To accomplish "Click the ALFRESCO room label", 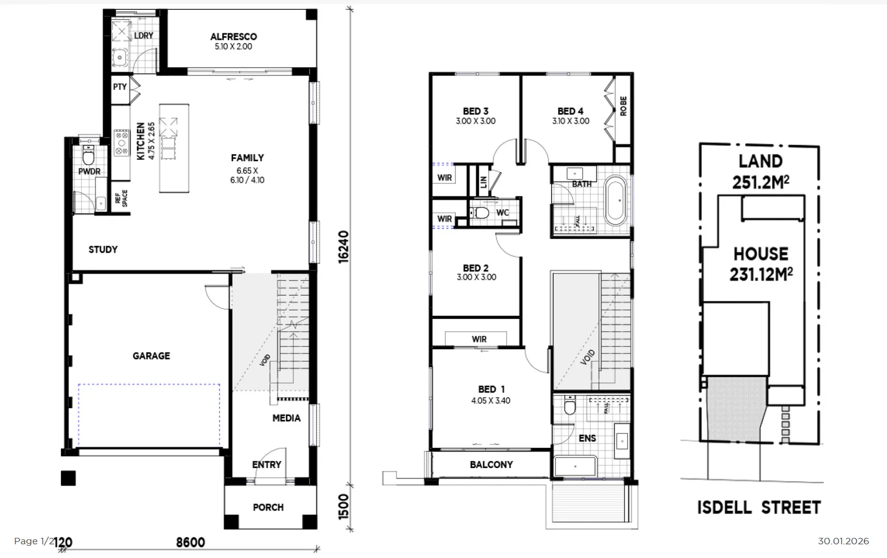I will click(233, 37).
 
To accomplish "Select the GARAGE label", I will click(151, 355).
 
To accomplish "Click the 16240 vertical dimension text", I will click(344, 247).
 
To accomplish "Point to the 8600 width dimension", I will click(190, 542).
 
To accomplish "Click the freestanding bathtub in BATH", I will click(615, 200).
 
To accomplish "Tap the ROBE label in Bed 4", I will click(623, 106).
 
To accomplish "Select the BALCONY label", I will click(491, 464).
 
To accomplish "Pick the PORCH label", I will click(268, 507).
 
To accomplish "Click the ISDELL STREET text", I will click(759, 507).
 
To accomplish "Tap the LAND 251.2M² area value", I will click(761, 182).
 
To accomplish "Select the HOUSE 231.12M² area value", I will click(761, 274).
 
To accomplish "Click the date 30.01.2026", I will click(843, 541).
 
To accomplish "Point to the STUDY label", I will click(103, 250).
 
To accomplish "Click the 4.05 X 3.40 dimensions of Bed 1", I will click(490, 400).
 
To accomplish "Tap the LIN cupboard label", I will click(483, 181).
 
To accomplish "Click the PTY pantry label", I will click(120, 87).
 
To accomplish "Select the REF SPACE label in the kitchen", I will click(121, 198).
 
